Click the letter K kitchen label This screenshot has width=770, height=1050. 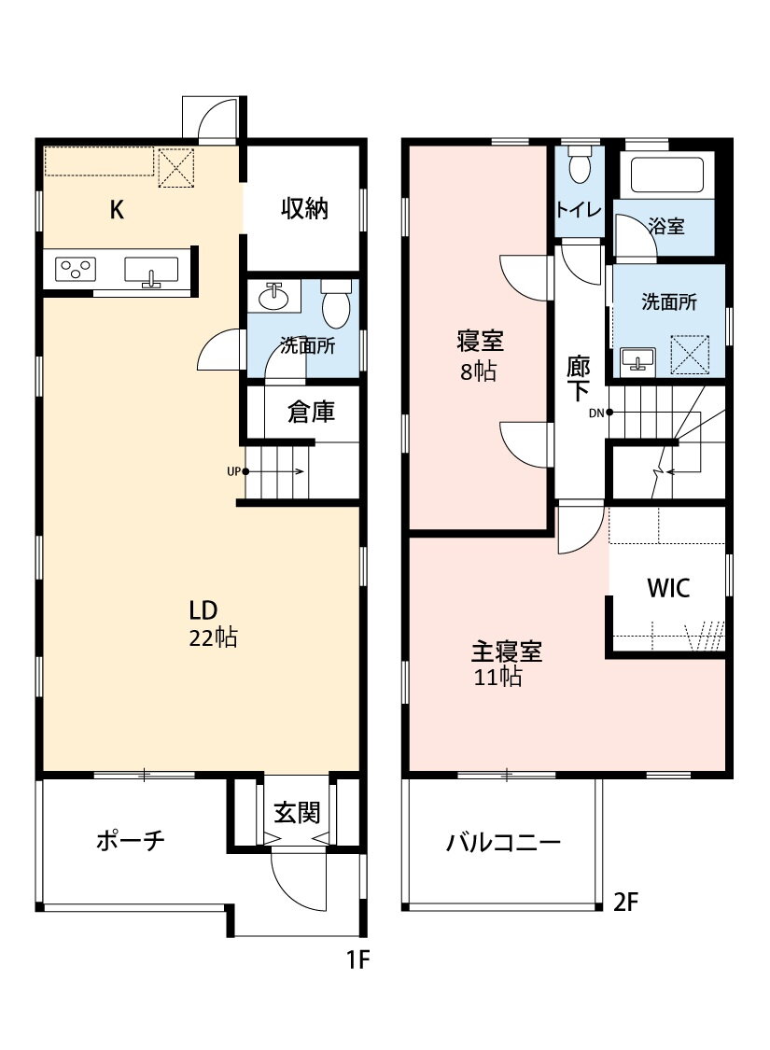click(x=117, y=210)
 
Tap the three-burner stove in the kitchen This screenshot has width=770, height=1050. click(x=75, y=270)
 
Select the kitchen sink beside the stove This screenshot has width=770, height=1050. click(x=151, y=271)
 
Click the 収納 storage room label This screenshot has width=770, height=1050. click(x=304, y=208)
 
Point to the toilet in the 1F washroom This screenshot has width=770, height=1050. click(x=335, y=302)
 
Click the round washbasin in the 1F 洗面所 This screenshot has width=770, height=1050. click(x=273, y=297)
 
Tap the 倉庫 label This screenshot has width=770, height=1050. click(x=311, y=412)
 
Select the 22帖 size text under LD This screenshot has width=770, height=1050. click(x=213, y=637)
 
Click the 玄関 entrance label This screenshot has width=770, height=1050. click(x=297, y=812)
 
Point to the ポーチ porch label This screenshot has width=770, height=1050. click(x=130, y=840)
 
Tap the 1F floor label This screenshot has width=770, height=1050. click(x=357, y=959)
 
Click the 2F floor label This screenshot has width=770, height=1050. click(x=625, y=902)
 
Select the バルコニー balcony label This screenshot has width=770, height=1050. click(x=503, y=842)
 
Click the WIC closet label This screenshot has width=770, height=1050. click(x=668, y=587)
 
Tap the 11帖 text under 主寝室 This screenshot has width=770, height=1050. click(x=497, y=677)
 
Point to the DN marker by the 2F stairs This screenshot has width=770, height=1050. click(x=596, y=413)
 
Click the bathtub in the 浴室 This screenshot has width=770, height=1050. click(x=667, y=175)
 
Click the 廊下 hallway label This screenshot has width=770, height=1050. click(x=579, y=378)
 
